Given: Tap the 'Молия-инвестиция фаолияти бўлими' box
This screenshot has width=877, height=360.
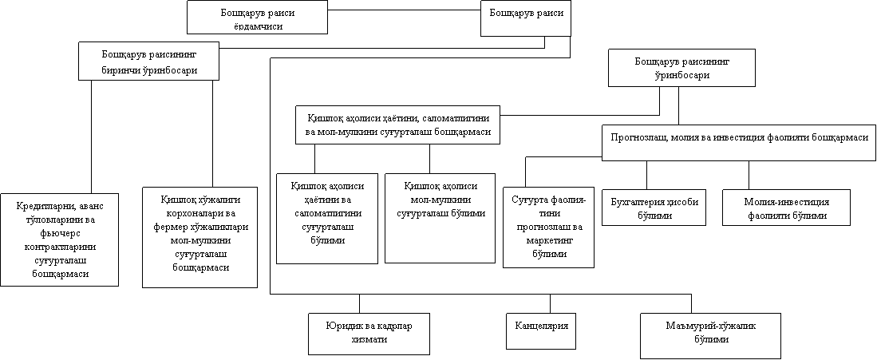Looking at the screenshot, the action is [786, 208].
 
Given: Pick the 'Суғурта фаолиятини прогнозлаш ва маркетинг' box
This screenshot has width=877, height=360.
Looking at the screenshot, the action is [548, 227].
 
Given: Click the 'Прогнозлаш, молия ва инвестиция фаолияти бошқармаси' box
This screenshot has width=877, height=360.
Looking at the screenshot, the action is [739, 142].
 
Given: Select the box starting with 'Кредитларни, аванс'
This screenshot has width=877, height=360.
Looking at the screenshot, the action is [59, 240].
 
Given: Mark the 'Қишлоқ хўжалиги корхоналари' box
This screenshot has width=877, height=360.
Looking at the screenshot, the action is [200, 237].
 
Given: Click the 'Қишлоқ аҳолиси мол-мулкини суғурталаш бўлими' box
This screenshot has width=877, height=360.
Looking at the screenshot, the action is [440, 218].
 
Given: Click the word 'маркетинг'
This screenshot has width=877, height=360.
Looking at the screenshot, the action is [549, 240].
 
